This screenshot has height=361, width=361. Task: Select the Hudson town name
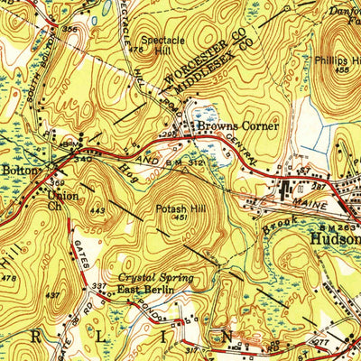(335, 240)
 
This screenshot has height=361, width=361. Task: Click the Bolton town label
(21, 169)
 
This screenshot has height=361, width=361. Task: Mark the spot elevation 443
(98, 211)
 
